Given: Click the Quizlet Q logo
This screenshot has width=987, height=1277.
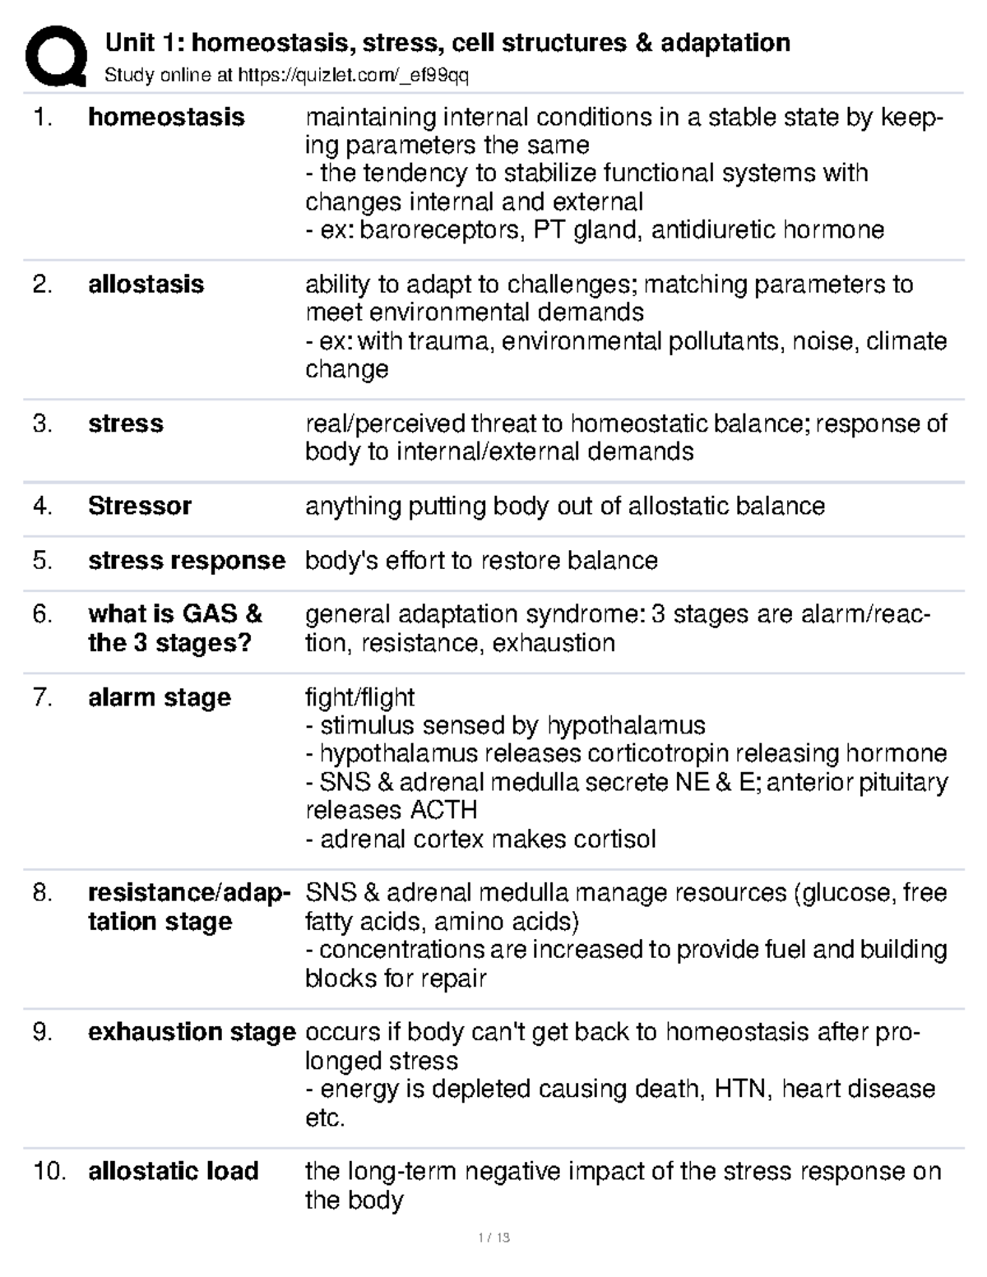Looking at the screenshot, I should click(55, 55).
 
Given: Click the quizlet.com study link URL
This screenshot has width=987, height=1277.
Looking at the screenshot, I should click(353, 76).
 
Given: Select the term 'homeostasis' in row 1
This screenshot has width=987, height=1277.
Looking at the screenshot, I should click(166, 117).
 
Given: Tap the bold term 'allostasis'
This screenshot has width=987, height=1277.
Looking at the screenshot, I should click(146, 284).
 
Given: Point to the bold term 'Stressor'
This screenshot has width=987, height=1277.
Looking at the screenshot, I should click(139, 505).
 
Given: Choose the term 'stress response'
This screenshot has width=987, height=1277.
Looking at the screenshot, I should click(186, 560).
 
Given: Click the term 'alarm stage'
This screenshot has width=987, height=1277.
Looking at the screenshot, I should click(160, 697).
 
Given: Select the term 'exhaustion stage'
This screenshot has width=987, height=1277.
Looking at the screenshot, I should click(191, 1031).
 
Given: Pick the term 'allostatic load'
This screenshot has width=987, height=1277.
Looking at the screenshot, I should click(173, 1170).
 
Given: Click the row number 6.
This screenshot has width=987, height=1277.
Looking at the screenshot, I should click(42, 613).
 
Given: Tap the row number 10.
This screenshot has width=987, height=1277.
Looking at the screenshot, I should click(49, 1170).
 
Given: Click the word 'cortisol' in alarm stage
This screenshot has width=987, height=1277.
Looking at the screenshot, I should click(614, 839).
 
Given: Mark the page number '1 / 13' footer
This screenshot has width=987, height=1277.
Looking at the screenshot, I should click(493, 1238).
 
